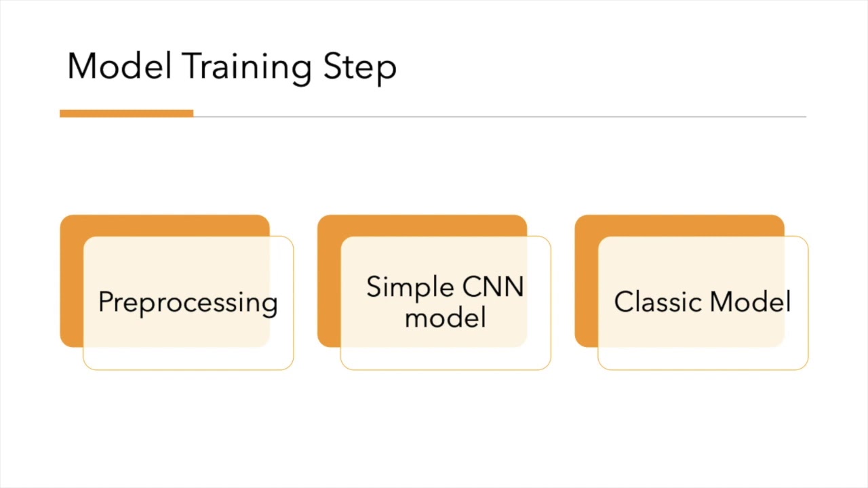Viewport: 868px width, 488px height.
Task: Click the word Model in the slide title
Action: click(x=119, y=66)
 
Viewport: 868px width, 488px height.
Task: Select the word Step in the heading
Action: click(x=360, y=68)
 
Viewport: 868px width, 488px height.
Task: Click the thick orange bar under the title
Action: click(x=126, y=113)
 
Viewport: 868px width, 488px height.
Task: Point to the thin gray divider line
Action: click(x=500, y=116)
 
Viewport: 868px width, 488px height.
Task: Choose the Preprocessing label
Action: click(x=188, y=303)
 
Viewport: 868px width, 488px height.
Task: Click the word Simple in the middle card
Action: click(x=410, y=288)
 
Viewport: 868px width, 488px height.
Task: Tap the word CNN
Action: click(x=493, y=287)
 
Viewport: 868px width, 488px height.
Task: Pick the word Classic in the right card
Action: click(x=658, y=302)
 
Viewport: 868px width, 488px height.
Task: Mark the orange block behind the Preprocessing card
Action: click(x=72, y=281)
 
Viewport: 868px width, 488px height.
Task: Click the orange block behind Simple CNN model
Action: click(x=330, y=281)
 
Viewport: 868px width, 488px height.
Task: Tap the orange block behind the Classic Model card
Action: click(x=587, y=281)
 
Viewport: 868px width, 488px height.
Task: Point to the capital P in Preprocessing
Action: click(x=106, y=301)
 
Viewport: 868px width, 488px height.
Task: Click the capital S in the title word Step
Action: click(x=333, y=66)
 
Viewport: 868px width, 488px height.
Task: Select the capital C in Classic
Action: click(x=624, y=302)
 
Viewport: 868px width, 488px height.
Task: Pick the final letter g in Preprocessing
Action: click(x=270, y=306)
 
